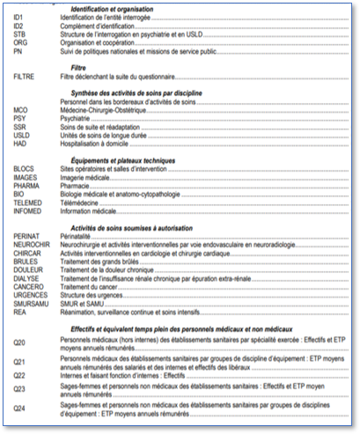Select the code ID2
[x=18, y=26]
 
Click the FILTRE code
[x=24, y=77]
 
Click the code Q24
[x=19, y=408]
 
